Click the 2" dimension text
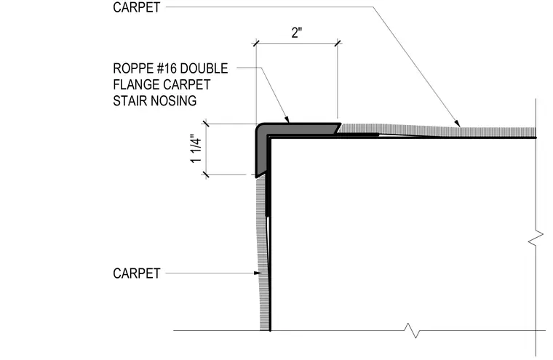click(x=297, y=33)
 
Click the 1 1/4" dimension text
click(x=196, y=148)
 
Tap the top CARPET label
click(x=137, y=7)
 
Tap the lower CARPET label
click(x=137, y=273)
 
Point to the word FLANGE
click(x=135, y=84)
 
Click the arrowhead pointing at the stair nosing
click(x=286, y=119)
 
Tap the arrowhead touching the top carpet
click(x=457, y=124)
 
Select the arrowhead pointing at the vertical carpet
click(x=258, y=273)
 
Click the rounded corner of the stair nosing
click(x=260, y=128)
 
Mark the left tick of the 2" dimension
click(x=256, y=44)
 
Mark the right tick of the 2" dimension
click(x=338, y=44)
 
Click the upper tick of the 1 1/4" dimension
click(x=206, y=124)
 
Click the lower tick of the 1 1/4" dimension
click(x=206, y=175)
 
